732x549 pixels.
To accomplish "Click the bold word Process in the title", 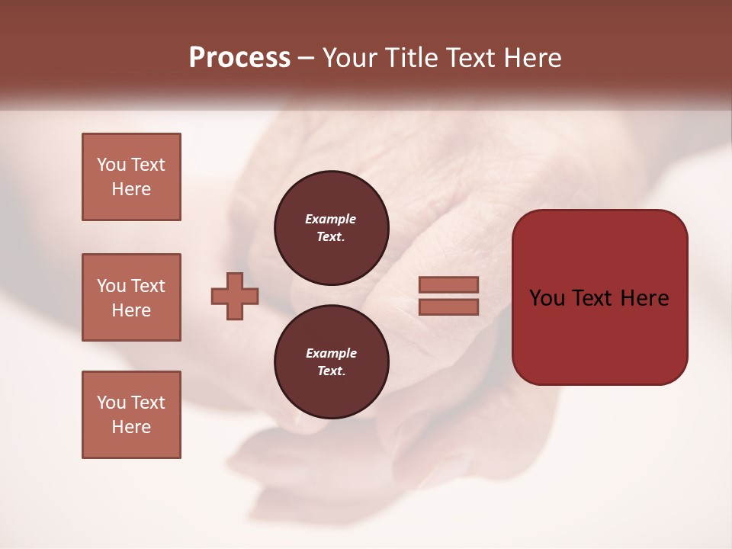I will click(x=239, y=58).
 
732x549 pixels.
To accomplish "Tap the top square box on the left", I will click(x=131, y=177).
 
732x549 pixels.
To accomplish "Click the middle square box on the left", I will click(x=131, y=297).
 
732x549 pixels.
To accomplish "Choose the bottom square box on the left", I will click(x=131, y=415).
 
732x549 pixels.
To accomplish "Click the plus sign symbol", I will click(x=235, y=296).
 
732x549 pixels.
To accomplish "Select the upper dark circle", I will click(x=331, y=227).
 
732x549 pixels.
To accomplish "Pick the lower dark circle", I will click(x=331, y=362).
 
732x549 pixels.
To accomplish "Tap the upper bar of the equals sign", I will click(x=448, y=284).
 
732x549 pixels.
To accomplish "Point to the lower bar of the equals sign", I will click(x=448, y=307).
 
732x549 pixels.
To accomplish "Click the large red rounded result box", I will click(x=599, y=297).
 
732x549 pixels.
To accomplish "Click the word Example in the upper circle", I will click(x=331, y=219).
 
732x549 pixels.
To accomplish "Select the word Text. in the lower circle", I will click(x=331, y=371).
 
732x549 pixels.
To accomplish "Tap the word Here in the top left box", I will click(x=131, y=189).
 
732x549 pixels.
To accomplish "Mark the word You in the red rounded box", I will click(x=548, y=298).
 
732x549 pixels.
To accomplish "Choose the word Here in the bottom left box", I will click(x=131, y=427).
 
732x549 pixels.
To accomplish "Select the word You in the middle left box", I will click(x=111, y=286).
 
